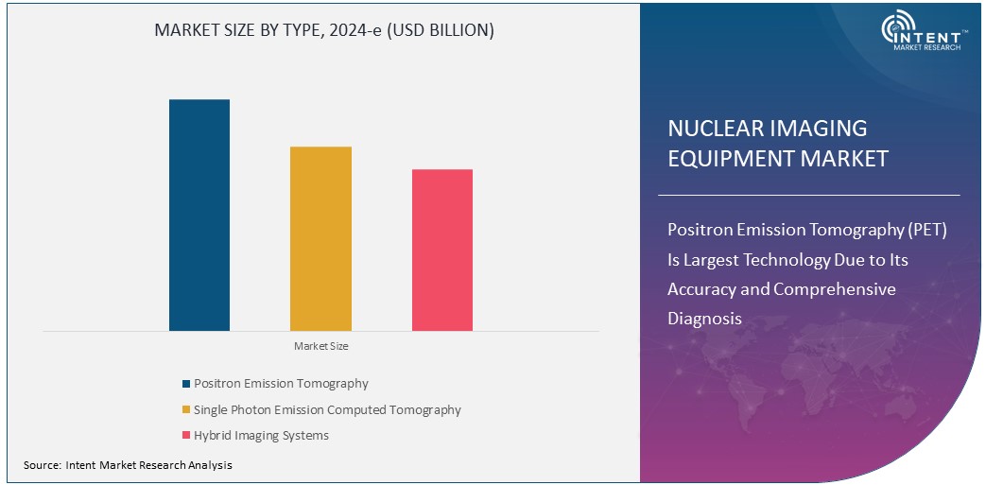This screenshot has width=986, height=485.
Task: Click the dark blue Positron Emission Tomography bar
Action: (x=199, y=215)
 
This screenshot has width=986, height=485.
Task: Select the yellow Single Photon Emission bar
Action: (x=320, y=238)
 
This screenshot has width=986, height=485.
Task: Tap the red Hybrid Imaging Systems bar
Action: (x=442, y=250)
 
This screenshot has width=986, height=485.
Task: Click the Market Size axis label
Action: (x=320, y=347)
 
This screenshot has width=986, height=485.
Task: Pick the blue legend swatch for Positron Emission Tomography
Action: (x=186, y=384)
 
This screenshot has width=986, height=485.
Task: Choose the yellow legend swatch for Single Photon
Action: (x=186, y=410)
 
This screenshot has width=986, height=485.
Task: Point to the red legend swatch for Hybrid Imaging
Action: (x=186, y=436)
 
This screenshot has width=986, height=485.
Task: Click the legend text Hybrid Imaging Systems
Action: (x=261, y=436)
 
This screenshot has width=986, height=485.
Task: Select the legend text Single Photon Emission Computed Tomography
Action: (x=327, y=410)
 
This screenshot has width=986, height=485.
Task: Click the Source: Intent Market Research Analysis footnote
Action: (x=128, y=465)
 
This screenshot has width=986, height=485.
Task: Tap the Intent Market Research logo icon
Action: (x=896, y=29)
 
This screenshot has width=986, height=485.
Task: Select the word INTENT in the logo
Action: (x=936, y=30)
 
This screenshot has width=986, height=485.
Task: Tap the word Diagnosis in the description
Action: (x=704, y=319)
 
